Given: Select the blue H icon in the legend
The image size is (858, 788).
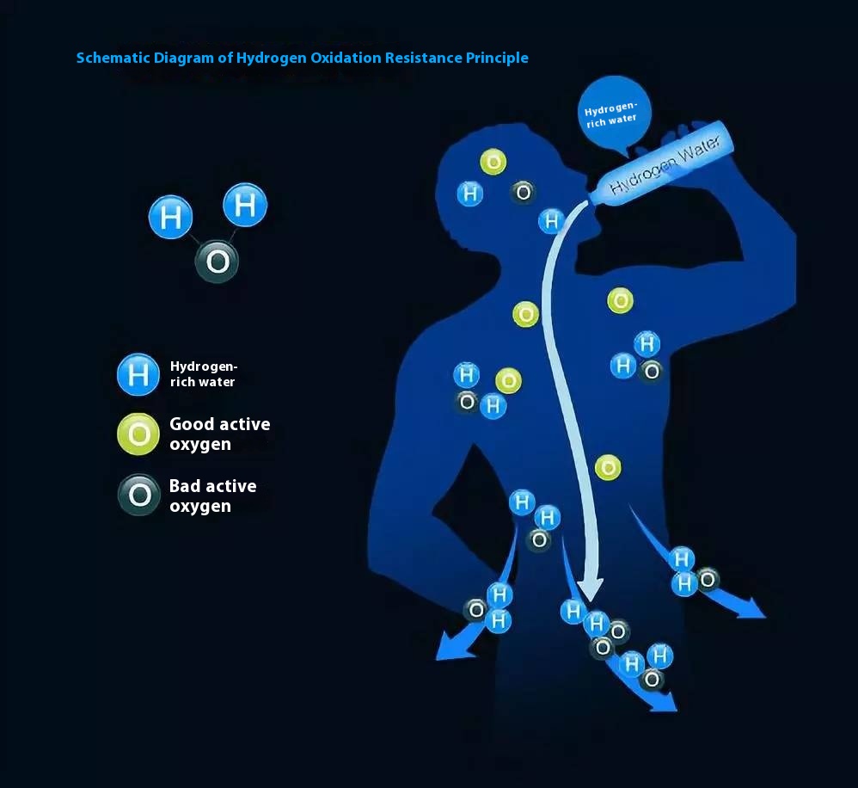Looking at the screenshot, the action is (x=138, y=374).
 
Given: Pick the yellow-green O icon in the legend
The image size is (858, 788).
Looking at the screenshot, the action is (x=138, y=434).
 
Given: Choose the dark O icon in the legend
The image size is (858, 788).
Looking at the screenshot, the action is (x=139, y=495).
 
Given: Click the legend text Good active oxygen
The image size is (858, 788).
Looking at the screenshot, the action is (x=219, y=434).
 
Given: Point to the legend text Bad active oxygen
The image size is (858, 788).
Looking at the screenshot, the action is (x=213, y=496).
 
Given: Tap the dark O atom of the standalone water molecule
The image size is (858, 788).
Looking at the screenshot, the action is (x=218, y=262).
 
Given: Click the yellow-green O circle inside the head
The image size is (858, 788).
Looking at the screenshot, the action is (x=493, y=162).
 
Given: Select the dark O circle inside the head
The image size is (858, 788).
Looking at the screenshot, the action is (x=523, y=192).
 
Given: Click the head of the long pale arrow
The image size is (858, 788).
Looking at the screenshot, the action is (x=591, y=588).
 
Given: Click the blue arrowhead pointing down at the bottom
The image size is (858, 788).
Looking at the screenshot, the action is (x=663, y=701).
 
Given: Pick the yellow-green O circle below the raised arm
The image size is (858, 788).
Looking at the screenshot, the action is (x=621, y=300).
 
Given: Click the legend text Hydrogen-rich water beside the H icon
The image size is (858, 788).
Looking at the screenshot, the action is (x=204, y=374).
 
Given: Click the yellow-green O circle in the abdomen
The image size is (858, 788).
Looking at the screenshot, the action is (x=608, y=468).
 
